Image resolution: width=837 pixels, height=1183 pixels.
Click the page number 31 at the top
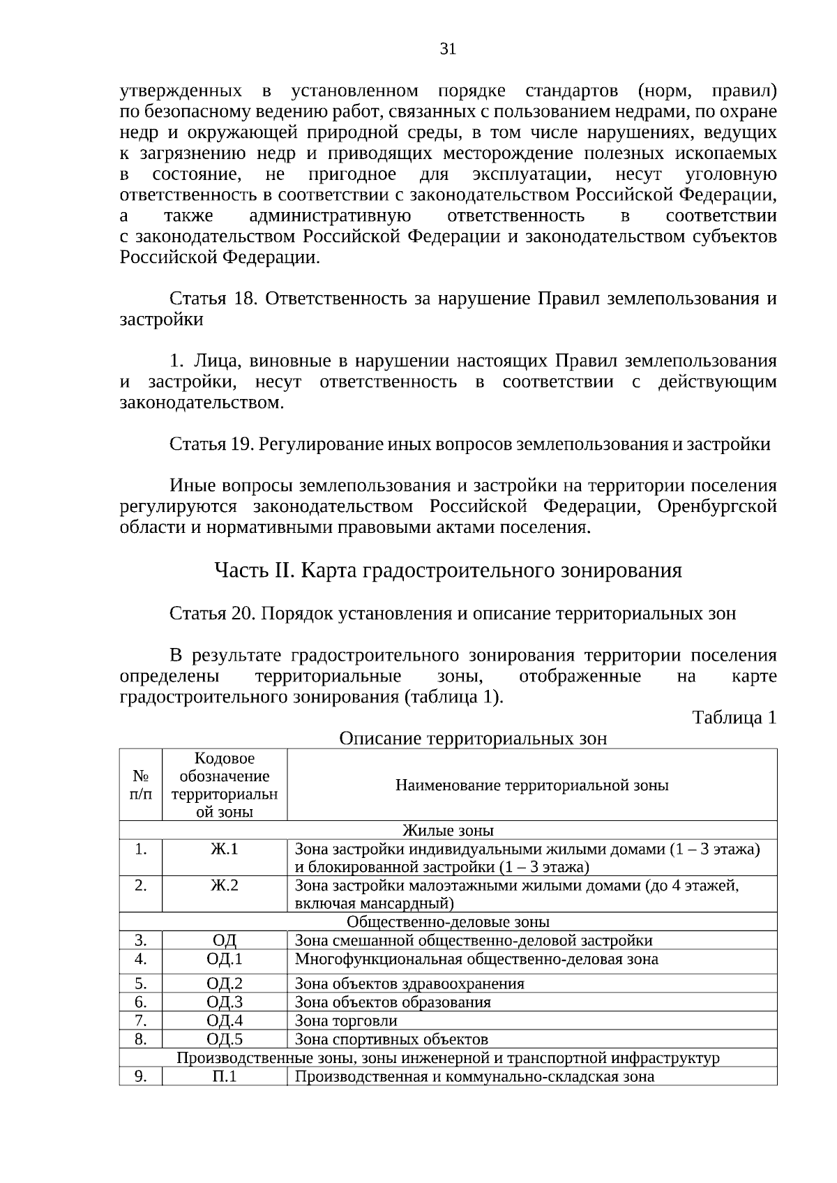447,48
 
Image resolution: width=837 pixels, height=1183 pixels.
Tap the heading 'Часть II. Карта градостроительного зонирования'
447,571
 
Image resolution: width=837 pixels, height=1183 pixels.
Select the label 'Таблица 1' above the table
734,718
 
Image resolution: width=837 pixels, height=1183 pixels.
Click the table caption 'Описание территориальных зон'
472,739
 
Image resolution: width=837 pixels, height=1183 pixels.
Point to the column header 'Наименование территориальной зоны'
531,785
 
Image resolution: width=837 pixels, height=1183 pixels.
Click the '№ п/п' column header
141,785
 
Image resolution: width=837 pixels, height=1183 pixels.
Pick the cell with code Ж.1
224,850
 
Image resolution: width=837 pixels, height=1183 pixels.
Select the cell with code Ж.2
224,886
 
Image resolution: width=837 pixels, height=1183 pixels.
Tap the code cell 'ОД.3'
224,1002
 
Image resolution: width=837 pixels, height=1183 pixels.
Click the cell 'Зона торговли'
346,1021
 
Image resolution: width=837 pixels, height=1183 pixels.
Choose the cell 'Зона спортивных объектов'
391,1039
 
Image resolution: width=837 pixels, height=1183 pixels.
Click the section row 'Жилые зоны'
448,831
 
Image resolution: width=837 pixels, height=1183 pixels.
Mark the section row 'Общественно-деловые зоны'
448,922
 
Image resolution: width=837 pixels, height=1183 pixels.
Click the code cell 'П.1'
224,1076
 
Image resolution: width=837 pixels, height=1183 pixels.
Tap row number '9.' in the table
141,1076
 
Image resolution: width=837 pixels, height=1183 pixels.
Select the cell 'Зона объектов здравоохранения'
409,984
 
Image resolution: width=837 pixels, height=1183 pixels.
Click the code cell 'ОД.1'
224,959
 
